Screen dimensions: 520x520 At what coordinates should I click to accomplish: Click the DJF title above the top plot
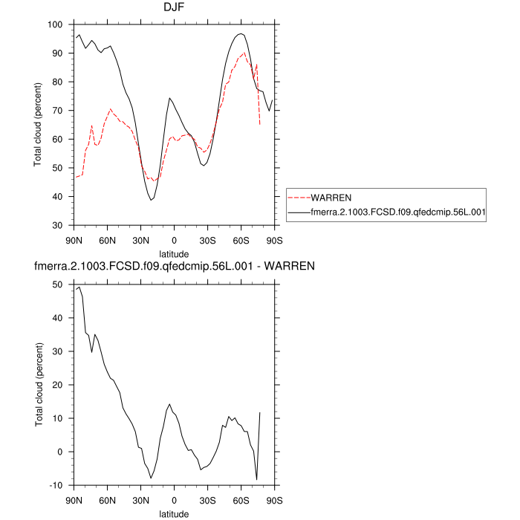tap(174, 7)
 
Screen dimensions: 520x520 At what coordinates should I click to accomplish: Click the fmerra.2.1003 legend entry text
tap(398, 212)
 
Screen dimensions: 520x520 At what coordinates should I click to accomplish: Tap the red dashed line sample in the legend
tap(299, 198)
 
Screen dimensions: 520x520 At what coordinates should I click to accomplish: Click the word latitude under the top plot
tap(174, 253)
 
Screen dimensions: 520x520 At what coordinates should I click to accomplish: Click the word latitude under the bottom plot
tap(174, 513)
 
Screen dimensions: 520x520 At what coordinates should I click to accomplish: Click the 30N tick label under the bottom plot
tap(140, 499)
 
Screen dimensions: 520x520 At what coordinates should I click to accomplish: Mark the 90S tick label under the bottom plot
tap(274, 499)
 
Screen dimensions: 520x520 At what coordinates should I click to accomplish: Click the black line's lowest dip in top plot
tap(151, 200)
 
